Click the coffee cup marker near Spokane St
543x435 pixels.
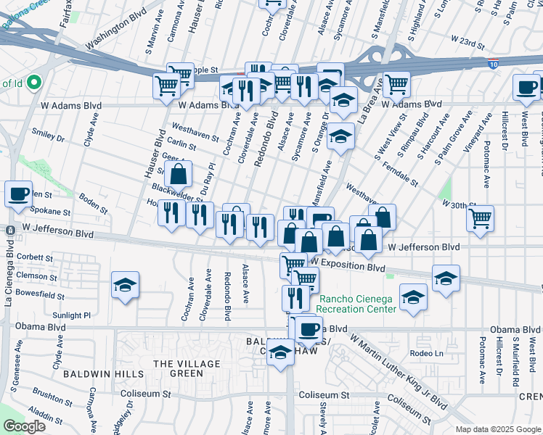click(x=18, y=194)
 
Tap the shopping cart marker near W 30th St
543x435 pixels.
click(x=481, y=218)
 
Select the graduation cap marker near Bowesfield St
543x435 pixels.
click(x=125, y=285)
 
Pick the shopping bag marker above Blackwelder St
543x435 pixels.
click(x=178, y=175)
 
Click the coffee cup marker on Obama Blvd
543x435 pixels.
click(x=309, y=329)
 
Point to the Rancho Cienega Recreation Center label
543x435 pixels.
click(x=356, y=304)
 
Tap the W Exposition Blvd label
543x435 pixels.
click(x=348, y=268)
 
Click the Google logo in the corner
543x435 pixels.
click(x=24, y=426)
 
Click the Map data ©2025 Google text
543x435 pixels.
click(x=497, y=429)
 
